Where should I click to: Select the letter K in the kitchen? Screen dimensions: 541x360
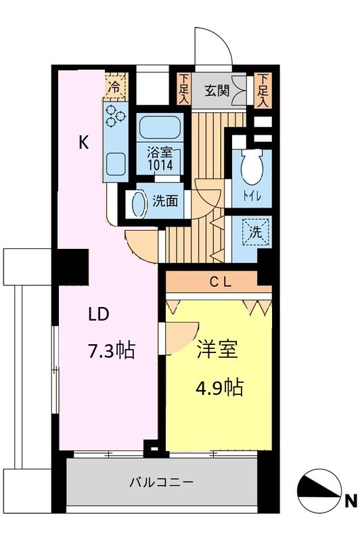point(83,143)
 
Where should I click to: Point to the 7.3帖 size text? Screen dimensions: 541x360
point(112,350)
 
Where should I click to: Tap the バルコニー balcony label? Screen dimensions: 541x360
point(162,483)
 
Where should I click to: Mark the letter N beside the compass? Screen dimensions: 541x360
point(350,501)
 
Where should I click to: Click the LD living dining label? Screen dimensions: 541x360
point(97,314)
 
